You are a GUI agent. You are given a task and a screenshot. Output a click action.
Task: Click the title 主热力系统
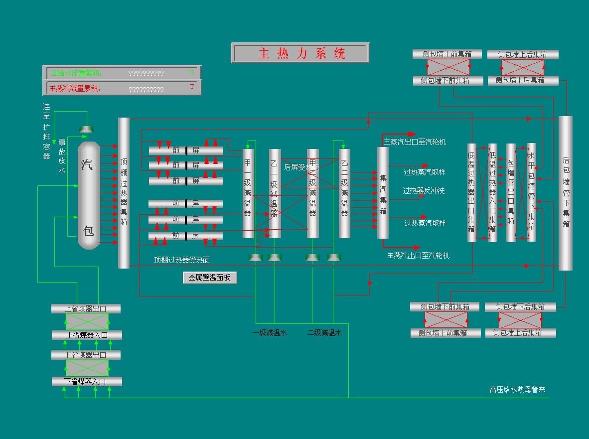[x=300, y=53]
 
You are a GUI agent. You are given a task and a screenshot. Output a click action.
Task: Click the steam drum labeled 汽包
[x=89, y=195]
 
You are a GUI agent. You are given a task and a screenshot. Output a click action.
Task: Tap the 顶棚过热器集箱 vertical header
[x=124, y=193]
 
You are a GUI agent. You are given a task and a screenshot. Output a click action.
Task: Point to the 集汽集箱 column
[x=383, y=193]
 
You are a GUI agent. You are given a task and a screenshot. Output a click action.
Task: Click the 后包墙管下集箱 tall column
[x=566, y=193]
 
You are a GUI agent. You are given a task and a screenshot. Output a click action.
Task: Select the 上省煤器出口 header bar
[x=86, y=309]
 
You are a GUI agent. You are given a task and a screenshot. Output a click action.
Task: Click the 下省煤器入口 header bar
[x=86, y=382]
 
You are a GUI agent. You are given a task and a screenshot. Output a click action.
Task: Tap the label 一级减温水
[x=270, y=333]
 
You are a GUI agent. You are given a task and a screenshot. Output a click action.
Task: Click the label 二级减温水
[x=324, y=333]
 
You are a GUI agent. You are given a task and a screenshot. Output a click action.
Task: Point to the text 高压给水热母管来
[x=517, y=389]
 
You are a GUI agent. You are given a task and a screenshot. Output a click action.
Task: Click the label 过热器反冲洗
[x=424, y=191]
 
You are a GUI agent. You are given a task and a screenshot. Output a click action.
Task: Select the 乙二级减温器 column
[x=344, y=193]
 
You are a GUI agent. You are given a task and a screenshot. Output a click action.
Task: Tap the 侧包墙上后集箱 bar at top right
[x=523, y=54]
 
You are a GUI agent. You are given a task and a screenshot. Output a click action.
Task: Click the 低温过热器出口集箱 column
[x=472, y=193]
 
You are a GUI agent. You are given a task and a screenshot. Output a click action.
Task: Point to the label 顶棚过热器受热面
[x=182, y=260]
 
